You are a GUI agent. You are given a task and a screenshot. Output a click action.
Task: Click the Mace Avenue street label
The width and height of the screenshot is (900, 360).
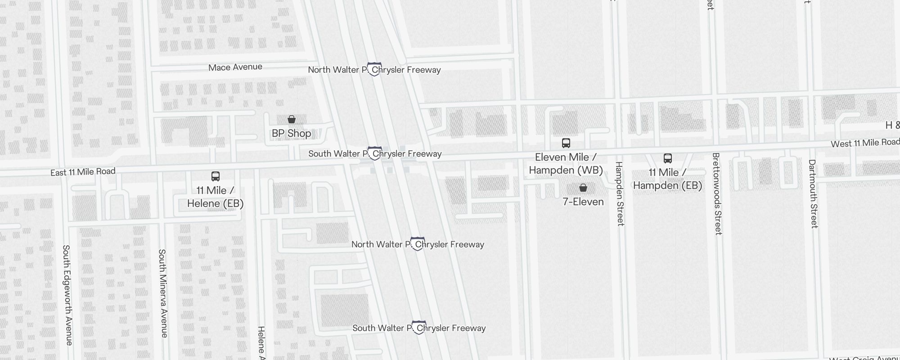(x=235, y=67)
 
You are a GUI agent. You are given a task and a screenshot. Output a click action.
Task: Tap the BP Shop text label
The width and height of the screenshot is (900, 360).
(x=291, y=133)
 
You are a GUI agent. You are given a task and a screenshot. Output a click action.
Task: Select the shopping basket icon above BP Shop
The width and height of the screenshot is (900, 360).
(x=292, y=119)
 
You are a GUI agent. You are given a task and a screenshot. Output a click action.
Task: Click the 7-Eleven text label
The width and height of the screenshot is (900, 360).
(x=583, y=202)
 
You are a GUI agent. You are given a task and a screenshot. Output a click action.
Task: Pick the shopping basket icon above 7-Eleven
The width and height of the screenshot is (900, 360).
(x=583, y=188)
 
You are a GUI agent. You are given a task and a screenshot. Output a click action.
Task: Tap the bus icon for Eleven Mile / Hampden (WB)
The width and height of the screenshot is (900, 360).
(x=566, y=143)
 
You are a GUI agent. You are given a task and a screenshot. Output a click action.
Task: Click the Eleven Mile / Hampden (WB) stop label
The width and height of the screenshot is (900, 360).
(x=566, y=163)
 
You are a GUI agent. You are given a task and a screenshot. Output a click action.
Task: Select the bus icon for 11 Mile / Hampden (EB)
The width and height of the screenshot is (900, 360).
(x=668, y=158)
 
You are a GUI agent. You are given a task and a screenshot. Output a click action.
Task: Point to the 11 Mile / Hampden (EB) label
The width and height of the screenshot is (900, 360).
(x=667, y=179)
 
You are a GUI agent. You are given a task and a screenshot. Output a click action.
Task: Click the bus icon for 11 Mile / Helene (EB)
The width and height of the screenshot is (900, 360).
(x=216, y=176)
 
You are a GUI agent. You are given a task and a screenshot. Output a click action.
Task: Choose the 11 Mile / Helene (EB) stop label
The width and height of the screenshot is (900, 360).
(x=215, y=197)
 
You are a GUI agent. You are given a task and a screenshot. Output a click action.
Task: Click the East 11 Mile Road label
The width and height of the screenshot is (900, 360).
(x=83, y=172)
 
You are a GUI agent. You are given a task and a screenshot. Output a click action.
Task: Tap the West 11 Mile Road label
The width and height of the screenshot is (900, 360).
(x=864, y=143)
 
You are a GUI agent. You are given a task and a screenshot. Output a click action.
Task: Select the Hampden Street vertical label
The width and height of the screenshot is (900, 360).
(x=620, y=193)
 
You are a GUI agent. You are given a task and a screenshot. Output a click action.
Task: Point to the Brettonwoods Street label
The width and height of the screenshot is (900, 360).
(x=717, y=193)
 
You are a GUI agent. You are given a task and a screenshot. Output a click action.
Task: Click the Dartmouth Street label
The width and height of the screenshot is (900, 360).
(x=813, y=193)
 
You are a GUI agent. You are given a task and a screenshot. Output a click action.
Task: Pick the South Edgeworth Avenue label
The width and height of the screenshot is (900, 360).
(x=67, y=295)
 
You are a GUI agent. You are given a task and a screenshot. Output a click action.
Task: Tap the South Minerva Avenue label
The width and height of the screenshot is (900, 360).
(x=163, y=293)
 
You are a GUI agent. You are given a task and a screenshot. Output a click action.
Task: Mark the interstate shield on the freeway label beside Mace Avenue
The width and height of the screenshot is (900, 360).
(x=374, y=69)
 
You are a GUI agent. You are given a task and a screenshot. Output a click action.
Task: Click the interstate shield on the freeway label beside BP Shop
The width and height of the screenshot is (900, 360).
(x=375, y=153)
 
